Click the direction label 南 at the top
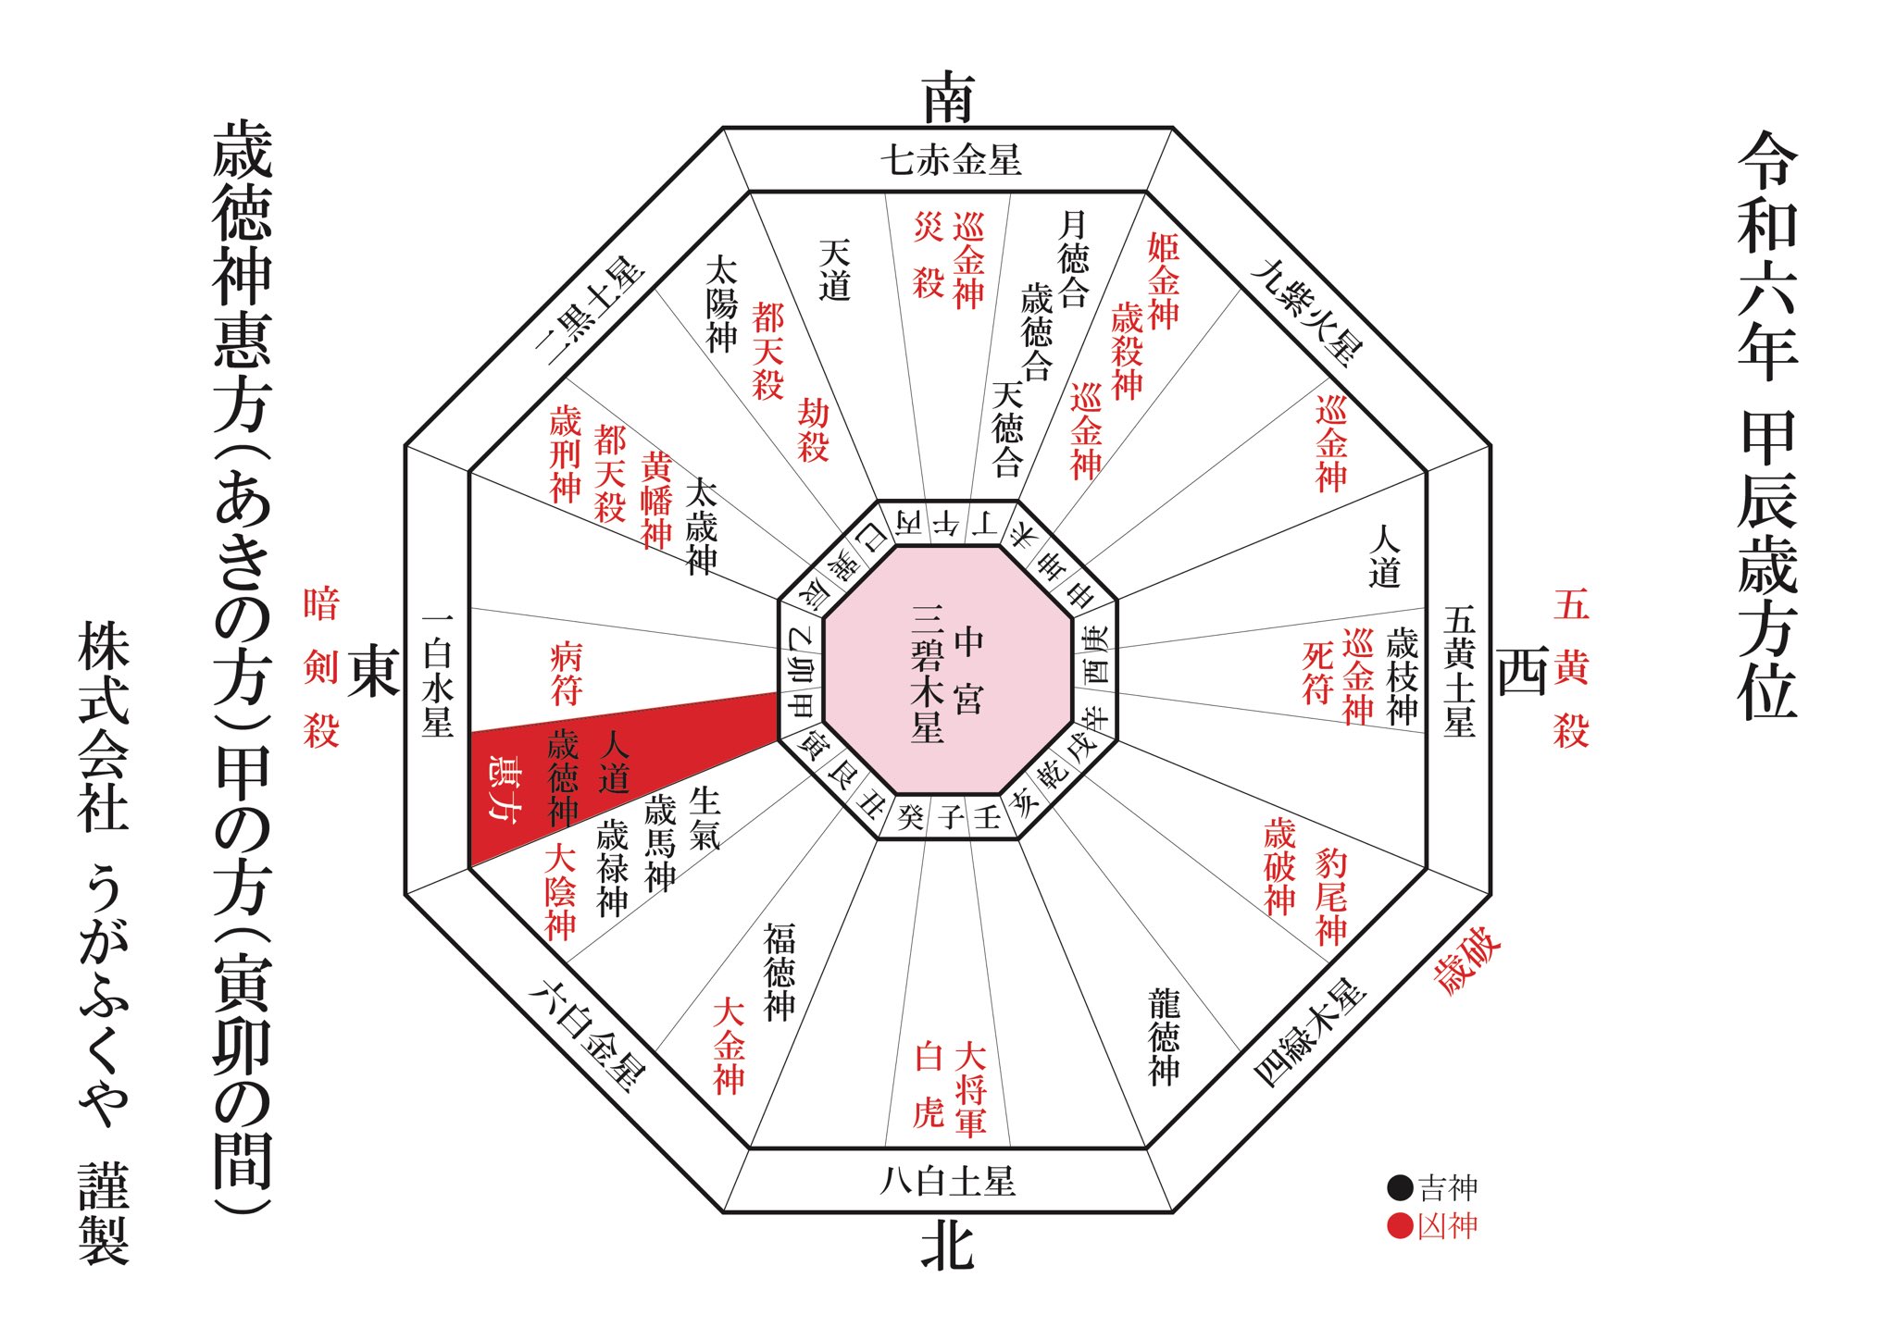coord(948,98)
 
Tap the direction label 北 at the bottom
coord(947,1246)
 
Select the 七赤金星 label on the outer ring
coord(950,160)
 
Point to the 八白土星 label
coord(947,1181)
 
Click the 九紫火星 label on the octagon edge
coord(1306,311)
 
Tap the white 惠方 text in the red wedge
coord(505,786)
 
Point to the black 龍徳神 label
coord(1164,1036)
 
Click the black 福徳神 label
coord(780,971)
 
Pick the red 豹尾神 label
coord(1330,896)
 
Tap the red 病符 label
coord(566,673)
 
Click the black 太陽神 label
coord(721,304)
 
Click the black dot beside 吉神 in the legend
coord(1400,1187)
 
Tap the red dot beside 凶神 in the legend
coord(1400,1226)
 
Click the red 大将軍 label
coord(970,1089)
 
